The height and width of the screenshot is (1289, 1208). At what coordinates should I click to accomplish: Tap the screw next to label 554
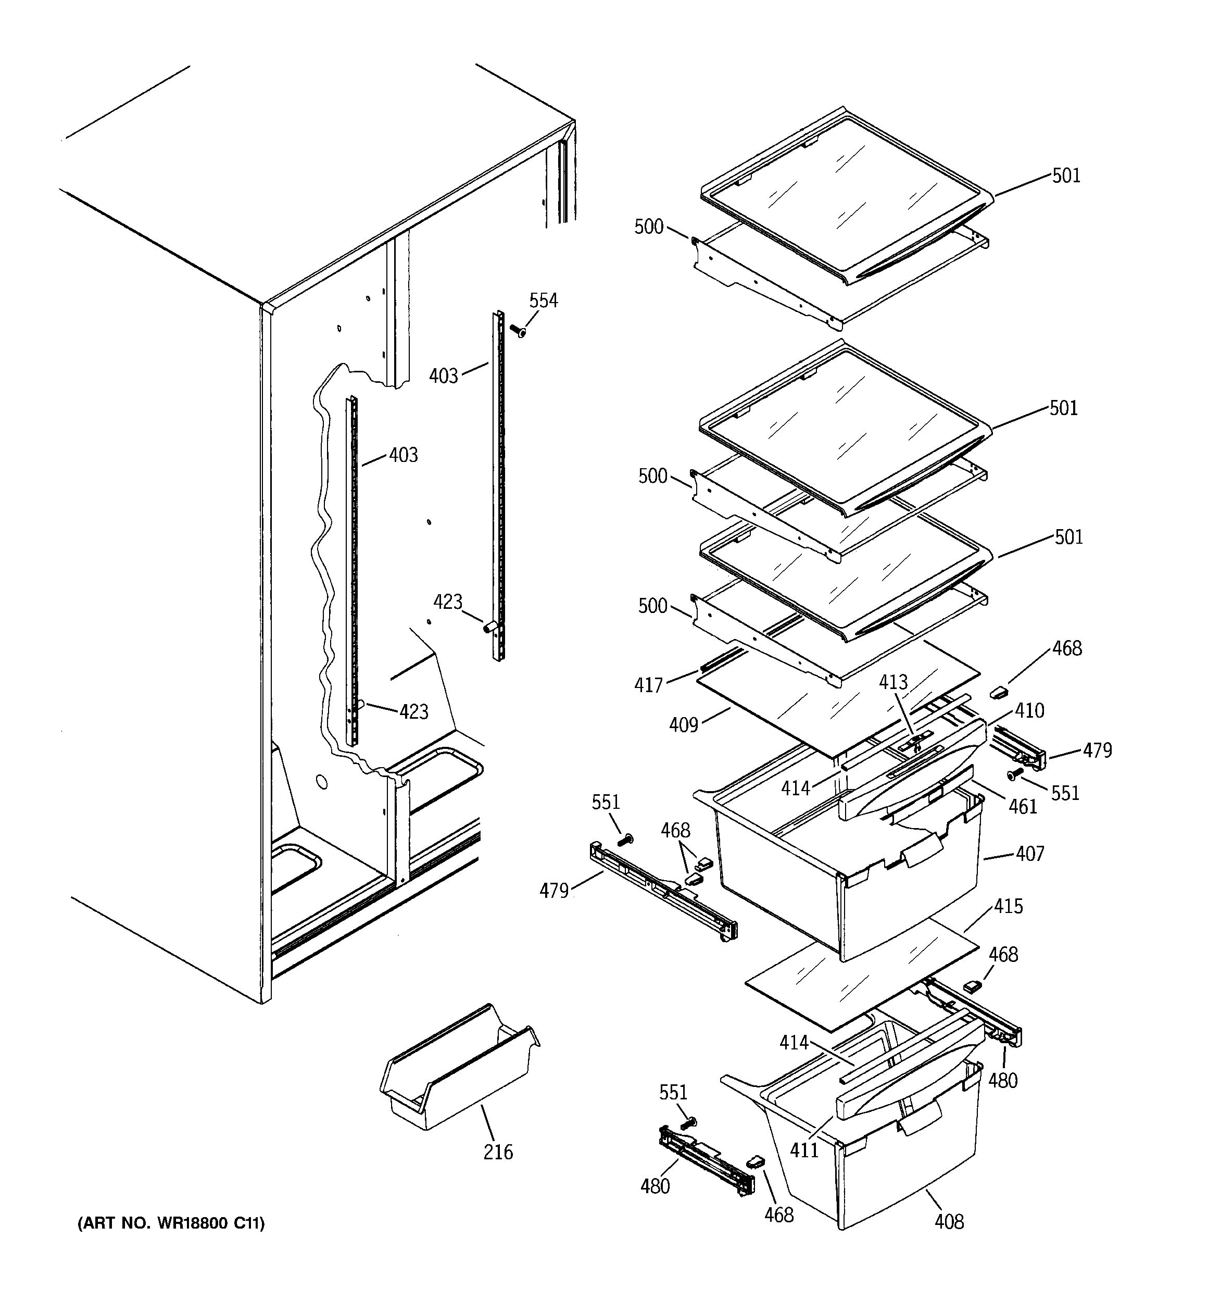[518, 331]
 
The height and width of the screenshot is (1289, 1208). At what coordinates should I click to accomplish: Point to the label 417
[648, 685]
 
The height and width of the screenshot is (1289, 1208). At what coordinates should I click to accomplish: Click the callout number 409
[684, 724]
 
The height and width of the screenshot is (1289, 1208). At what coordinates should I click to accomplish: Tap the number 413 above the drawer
[893, 682]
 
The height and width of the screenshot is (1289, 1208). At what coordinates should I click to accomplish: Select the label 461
[1023, 807]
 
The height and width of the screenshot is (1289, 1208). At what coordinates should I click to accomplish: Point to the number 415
[1008, 906]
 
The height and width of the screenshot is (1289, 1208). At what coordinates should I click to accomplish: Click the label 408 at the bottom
[949, 1222]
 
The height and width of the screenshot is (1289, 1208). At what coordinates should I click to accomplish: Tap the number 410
[1029, 710]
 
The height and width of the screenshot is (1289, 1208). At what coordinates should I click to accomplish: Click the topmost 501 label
[1066, 176]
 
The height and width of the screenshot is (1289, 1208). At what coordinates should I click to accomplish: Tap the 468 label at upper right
[1067, 648]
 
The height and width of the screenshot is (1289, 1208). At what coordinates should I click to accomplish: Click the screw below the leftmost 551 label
[626, 840]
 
